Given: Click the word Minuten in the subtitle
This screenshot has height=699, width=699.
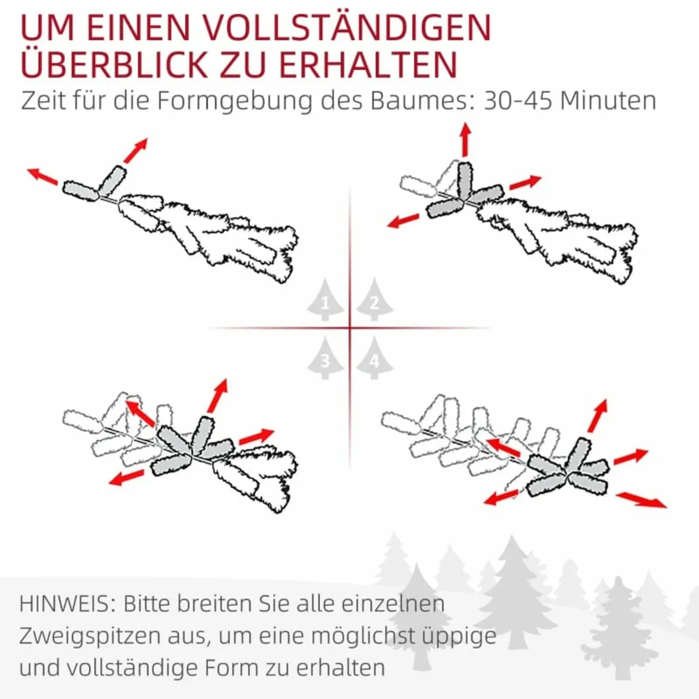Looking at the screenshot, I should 608,100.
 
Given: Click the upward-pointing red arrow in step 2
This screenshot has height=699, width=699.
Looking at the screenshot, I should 465,139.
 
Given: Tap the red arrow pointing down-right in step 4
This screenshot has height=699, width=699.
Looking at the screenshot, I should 641,500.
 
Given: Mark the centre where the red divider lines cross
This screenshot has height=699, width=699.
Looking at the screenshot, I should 350,329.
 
